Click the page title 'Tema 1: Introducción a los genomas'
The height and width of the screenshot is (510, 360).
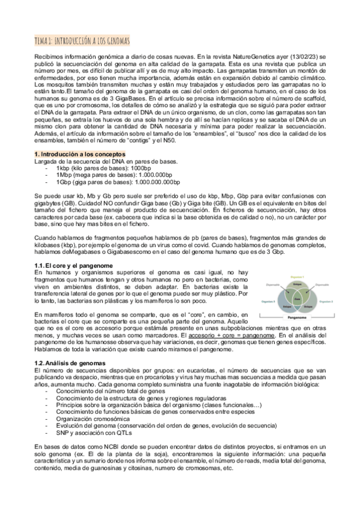[x=84, y=40]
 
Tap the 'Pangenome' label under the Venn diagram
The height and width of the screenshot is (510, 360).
[x=297, y=316]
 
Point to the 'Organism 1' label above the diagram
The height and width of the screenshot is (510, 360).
[x=297, y=277]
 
